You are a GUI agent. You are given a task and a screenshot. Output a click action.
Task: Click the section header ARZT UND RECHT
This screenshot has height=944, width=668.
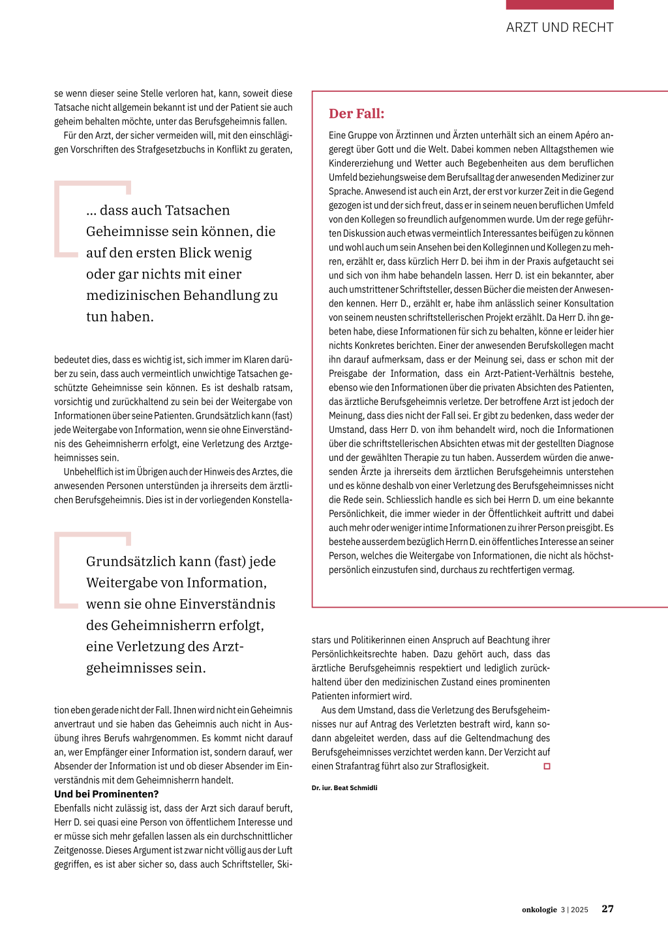[560, 27]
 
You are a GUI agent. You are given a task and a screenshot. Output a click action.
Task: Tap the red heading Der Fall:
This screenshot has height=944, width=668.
[356, 113]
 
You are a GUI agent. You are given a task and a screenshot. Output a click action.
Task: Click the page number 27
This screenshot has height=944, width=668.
[607, 909]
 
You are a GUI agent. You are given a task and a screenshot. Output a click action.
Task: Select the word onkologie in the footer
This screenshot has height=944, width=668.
[539, 909]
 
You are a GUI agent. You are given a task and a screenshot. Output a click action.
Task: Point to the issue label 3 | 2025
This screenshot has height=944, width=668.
[575, 909]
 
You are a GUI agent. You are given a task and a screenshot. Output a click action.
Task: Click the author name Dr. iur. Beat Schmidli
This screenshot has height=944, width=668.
[344, 788]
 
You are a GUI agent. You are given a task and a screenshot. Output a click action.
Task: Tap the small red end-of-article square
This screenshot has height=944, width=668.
[547, 766]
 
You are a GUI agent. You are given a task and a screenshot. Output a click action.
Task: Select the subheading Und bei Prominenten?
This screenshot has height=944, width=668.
[106, 794]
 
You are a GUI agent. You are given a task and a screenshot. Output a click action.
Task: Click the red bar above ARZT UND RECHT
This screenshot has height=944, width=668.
[560, 5]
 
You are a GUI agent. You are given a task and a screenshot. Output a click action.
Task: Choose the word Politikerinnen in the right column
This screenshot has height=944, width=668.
[382, 640]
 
